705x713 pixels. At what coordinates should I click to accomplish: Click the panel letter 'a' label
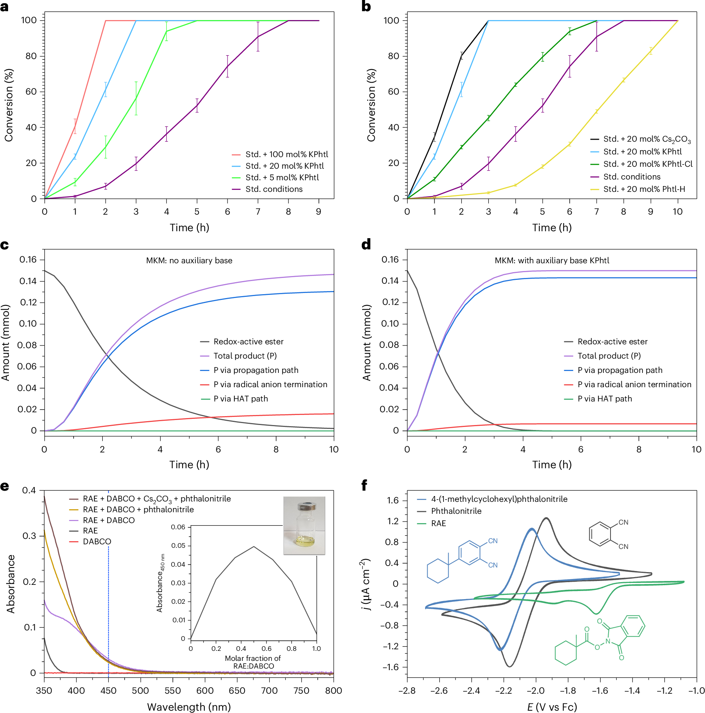tap(5, 7)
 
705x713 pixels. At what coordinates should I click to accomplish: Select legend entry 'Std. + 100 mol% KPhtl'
tap(287, 154)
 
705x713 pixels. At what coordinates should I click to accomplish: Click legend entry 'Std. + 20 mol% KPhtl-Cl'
tap(648, 164)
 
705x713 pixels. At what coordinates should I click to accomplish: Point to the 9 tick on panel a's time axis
tap(319, 212)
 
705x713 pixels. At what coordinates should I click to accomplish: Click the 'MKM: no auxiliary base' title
tap(189, 261)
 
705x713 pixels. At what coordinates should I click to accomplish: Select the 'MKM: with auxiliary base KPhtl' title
tap(552, 261)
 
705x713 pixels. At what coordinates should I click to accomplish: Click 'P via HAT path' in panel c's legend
tap(241, 399)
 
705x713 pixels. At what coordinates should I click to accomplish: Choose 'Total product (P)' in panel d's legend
tap(609, 356)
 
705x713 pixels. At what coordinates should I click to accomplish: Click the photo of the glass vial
tap(304, 525)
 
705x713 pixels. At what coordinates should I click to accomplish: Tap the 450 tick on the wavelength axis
tap(108, 691)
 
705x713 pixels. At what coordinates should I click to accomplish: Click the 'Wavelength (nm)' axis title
tap(189, 706)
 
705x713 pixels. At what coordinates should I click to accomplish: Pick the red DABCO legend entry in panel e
tap(97, 542)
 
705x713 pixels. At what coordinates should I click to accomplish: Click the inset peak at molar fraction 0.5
tap(254, 547)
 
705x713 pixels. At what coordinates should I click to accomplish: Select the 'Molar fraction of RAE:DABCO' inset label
tap(253, 662)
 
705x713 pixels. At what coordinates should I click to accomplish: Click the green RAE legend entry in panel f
tap(439, 523)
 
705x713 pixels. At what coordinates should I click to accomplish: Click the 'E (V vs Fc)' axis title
tap(552, 706)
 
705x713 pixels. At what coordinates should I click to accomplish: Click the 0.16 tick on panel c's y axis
tap(28, 260)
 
